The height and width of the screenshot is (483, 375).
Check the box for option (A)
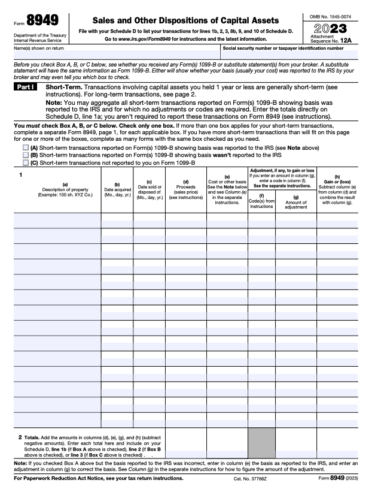click(25, 147)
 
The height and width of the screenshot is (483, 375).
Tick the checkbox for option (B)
click(25, 154)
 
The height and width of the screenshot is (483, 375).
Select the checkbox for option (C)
click(25, 162)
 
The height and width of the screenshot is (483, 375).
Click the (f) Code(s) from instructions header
click(261, 201)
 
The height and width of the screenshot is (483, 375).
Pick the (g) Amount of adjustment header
click(295, 201)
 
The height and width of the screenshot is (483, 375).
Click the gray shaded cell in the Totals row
click(261, 442)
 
